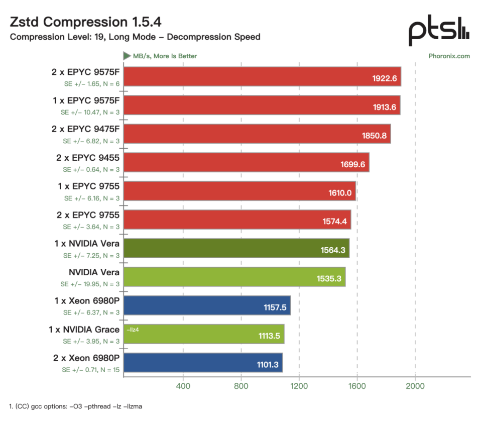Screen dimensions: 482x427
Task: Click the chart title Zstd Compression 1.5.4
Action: pos(85,22)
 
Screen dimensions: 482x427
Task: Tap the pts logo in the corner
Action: pos(439,30)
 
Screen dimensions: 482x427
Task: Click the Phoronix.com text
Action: pos(449,56)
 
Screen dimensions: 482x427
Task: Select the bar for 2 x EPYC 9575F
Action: pos(262,76)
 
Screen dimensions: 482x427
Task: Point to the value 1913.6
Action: pos(385,107)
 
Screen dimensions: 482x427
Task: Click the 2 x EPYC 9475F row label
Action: pos(85,129)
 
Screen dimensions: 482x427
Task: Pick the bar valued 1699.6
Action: pos(246,162)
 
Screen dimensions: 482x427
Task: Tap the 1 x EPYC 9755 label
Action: pos(88,186)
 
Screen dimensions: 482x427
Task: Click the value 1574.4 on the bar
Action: pos(334,222)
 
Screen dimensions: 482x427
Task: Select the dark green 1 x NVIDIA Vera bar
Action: pos(236,248)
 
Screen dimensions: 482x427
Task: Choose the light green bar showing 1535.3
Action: pos(234,277)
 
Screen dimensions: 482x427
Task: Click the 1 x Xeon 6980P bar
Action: pos(207,305)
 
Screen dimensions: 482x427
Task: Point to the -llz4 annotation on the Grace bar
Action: pos(133,330)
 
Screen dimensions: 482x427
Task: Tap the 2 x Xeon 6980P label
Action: pos(86,358)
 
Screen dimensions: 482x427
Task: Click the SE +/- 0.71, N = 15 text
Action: pos(91,370)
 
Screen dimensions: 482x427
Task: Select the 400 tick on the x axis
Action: pos(183,386)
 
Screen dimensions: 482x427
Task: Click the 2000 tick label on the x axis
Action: pos(415,386)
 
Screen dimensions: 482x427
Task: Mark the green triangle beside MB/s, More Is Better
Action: pos(127,56)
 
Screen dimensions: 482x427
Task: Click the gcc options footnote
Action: pos(76,406)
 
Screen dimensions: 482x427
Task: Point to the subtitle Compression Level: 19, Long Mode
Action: pos(83,37)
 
